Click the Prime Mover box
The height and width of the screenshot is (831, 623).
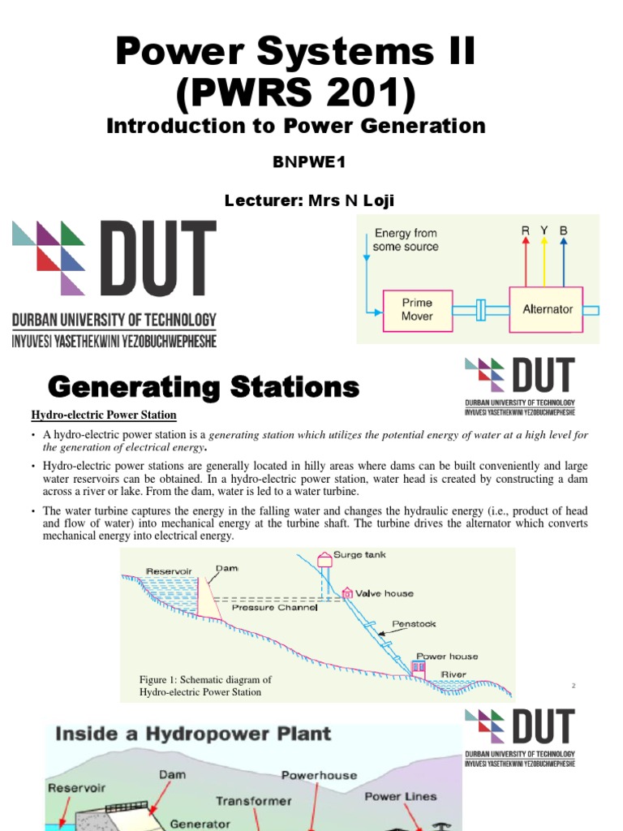(x=417, y=309)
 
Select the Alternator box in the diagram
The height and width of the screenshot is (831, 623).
(x=548, y=309)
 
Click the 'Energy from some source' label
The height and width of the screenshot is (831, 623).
(x=405, y=239)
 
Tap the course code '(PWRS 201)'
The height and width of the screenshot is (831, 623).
(x=295, y=95)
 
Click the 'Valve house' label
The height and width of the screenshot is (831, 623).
(x=387, y=593)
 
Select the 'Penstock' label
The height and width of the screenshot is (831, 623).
(x=415, y=624)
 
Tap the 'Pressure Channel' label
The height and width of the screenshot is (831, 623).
(x=274, y=607)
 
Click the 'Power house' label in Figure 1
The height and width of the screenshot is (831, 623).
(x=447, y=656)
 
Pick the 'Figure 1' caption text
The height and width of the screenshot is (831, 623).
(x=206, y=686)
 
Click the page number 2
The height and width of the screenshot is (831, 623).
(x=574, y=687)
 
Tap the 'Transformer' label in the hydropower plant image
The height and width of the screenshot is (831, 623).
(x=253, y=801)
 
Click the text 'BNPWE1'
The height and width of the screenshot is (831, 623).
(x=308, y=162)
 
